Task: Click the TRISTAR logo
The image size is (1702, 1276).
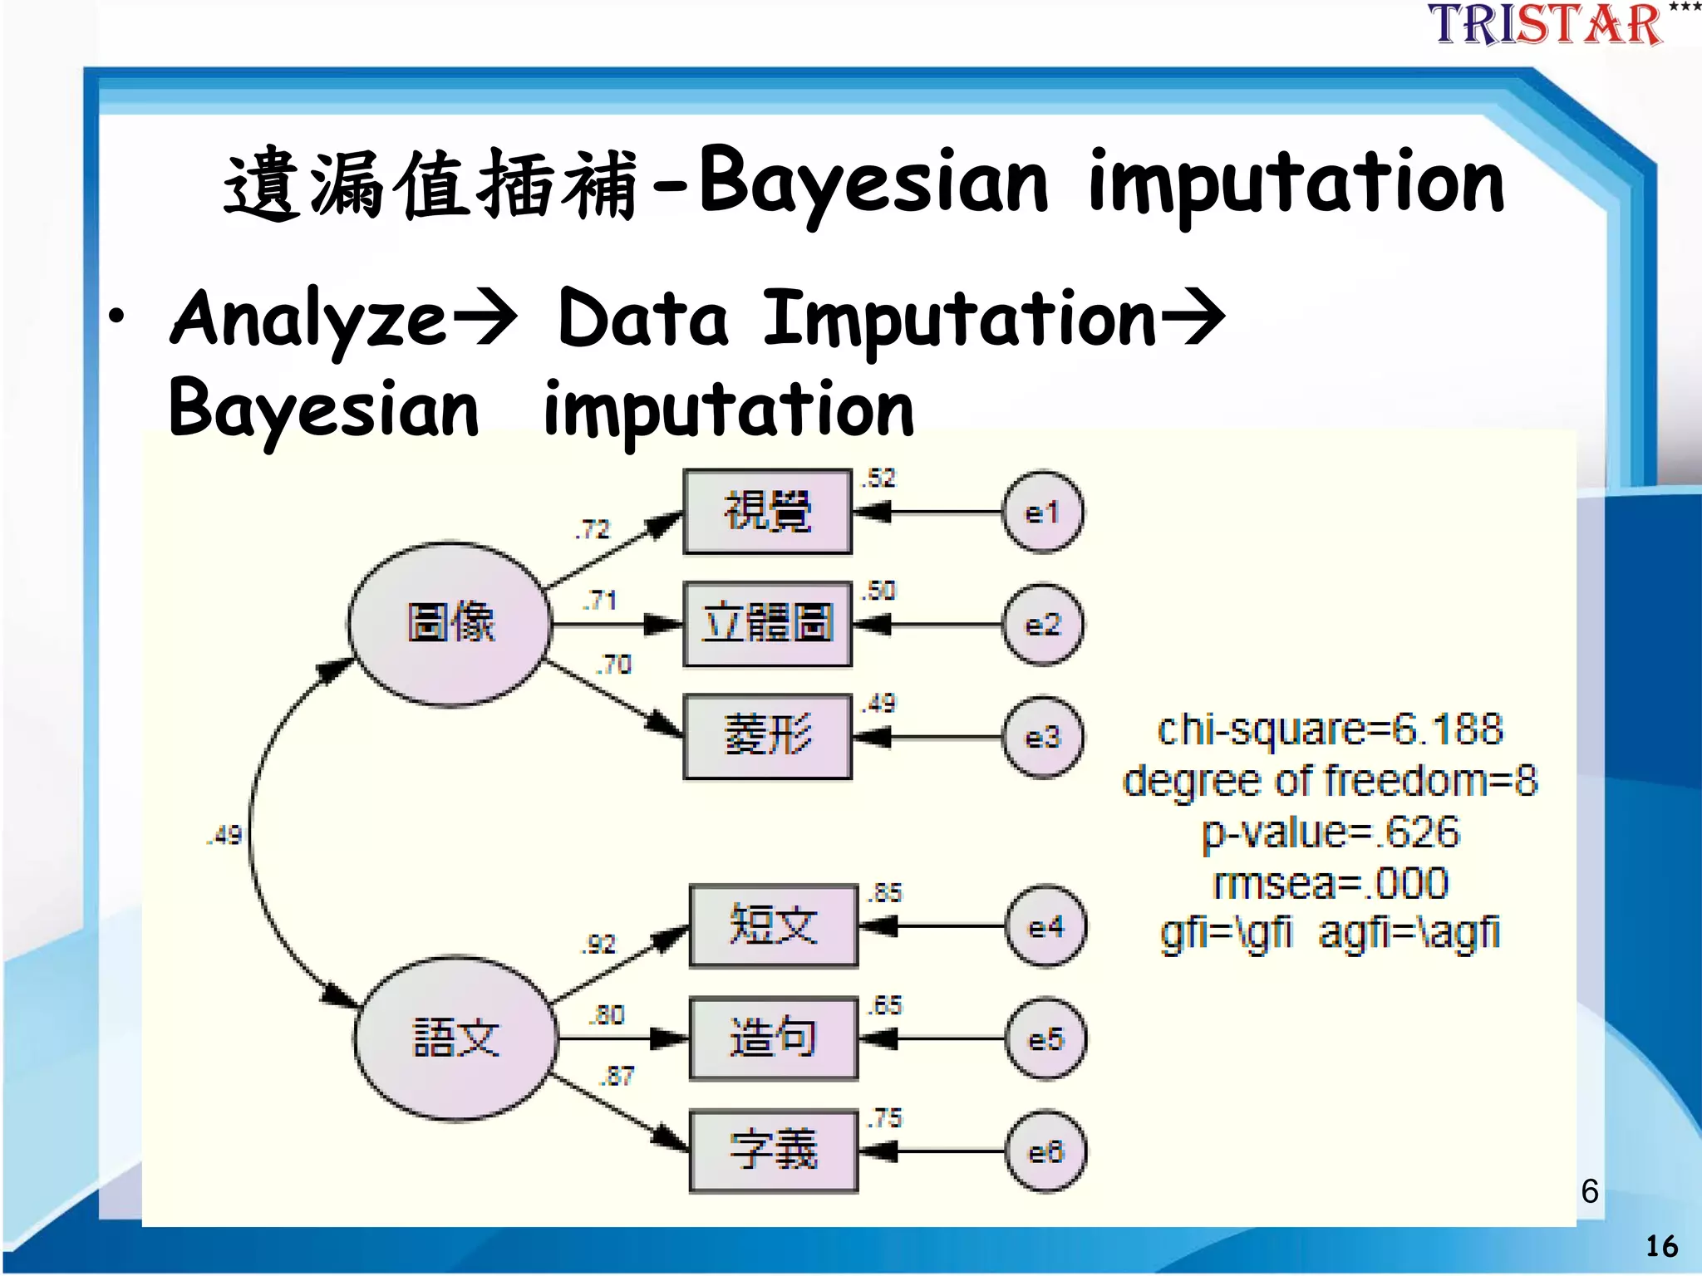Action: (1546, 25)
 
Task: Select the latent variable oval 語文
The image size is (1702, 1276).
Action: (455, 1038)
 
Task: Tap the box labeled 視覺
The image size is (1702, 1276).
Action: (767, 512)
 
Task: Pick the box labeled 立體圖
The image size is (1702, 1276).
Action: (767, 624)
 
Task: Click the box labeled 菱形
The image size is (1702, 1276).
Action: (767, 737)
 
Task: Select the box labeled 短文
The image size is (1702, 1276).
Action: (773, 926)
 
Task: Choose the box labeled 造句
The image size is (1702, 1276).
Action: (773, 1038)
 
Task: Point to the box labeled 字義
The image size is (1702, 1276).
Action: (773, 1151)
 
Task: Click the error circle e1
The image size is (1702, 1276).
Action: (1042, 513)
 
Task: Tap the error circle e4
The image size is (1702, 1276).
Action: (1045, 926)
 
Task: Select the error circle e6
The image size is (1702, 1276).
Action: (1045, 1151)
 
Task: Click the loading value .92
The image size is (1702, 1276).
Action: (599, 945)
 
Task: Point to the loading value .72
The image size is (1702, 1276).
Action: (593, 529)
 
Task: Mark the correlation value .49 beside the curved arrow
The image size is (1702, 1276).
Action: (224, 835)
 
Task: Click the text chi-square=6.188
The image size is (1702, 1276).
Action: (1330, 729)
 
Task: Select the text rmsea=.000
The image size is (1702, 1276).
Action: (1330, 883)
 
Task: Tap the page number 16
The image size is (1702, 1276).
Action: (1661, 1246)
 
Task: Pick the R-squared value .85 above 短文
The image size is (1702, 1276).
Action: (886, 893)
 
